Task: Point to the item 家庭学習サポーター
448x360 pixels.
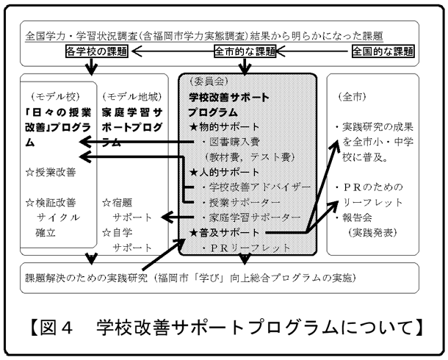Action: tap(249, 217)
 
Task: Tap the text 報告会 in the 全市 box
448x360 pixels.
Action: tap(359, 217)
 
